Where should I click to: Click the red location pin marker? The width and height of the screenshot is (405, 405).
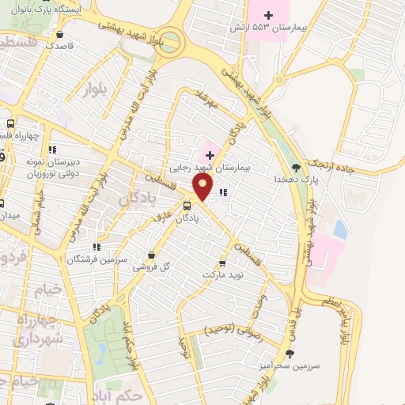(203, 187)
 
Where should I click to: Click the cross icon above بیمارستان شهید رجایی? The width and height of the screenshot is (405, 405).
(210, 154)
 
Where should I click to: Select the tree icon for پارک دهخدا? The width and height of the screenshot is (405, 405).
(296, 167)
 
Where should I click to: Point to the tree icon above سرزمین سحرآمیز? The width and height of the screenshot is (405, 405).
(290, 353)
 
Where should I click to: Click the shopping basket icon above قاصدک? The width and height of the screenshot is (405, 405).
(61, 35)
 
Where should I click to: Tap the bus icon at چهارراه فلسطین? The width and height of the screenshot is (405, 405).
(10, 123)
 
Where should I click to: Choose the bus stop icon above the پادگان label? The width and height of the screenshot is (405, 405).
(187, 206)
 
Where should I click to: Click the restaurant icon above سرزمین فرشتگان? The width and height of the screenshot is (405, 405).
(96, 247)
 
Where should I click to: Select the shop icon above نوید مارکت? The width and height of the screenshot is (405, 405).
(221, 263)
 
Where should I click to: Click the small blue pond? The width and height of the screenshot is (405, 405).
(340, 229)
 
